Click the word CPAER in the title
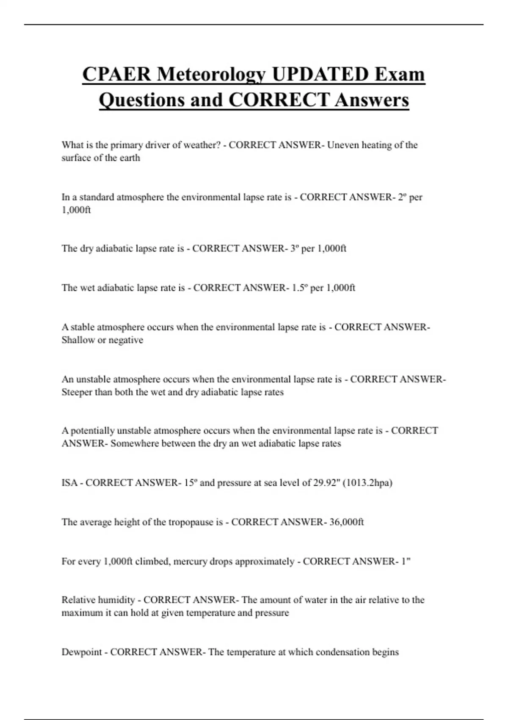[116, 75]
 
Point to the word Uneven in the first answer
[342, 145]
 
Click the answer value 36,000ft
[346, 522]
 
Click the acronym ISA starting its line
[69, 483]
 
